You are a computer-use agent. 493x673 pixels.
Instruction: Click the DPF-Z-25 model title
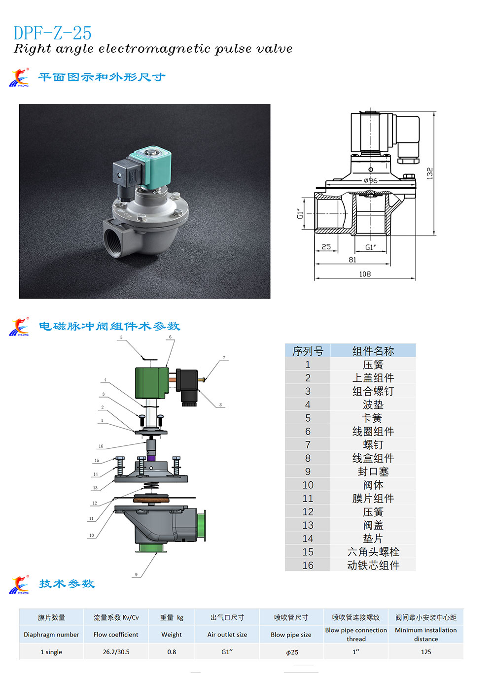point(52,33)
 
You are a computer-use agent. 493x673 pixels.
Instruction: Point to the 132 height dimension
point(430,173)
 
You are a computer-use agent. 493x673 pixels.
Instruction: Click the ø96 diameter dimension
point(371,180)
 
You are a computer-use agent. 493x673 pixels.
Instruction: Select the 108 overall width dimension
point(365,274)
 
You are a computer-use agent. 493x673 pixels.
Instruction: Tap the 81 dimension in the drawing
point(352,260)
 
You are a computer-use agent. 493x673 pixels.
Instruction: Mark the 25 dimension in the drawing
point(326,246)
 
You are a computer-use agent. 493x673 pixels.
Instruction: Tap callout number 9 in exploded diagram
point(136,574)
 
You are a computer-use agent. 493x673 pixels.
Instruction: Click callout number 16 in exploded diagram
point(101,446)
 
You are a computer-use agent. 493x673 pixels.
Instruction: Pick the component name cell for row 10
point(373,485)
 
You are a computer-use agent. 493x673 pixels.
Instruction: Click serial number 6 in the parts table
point(308,431)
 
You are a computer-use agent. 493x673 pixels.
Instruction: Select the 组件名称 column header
point(373,351)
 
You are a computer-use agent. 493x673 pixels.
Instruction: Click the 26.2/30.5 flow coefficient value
point(116,652)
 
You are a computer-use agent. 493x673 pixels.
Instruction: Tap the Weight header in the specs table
point(171,635)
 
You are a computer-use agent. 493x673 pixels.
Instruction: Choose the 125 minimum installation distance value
point(425,652)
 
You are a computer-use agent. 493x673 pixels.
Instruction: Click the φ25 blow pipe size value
point(292,652)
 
